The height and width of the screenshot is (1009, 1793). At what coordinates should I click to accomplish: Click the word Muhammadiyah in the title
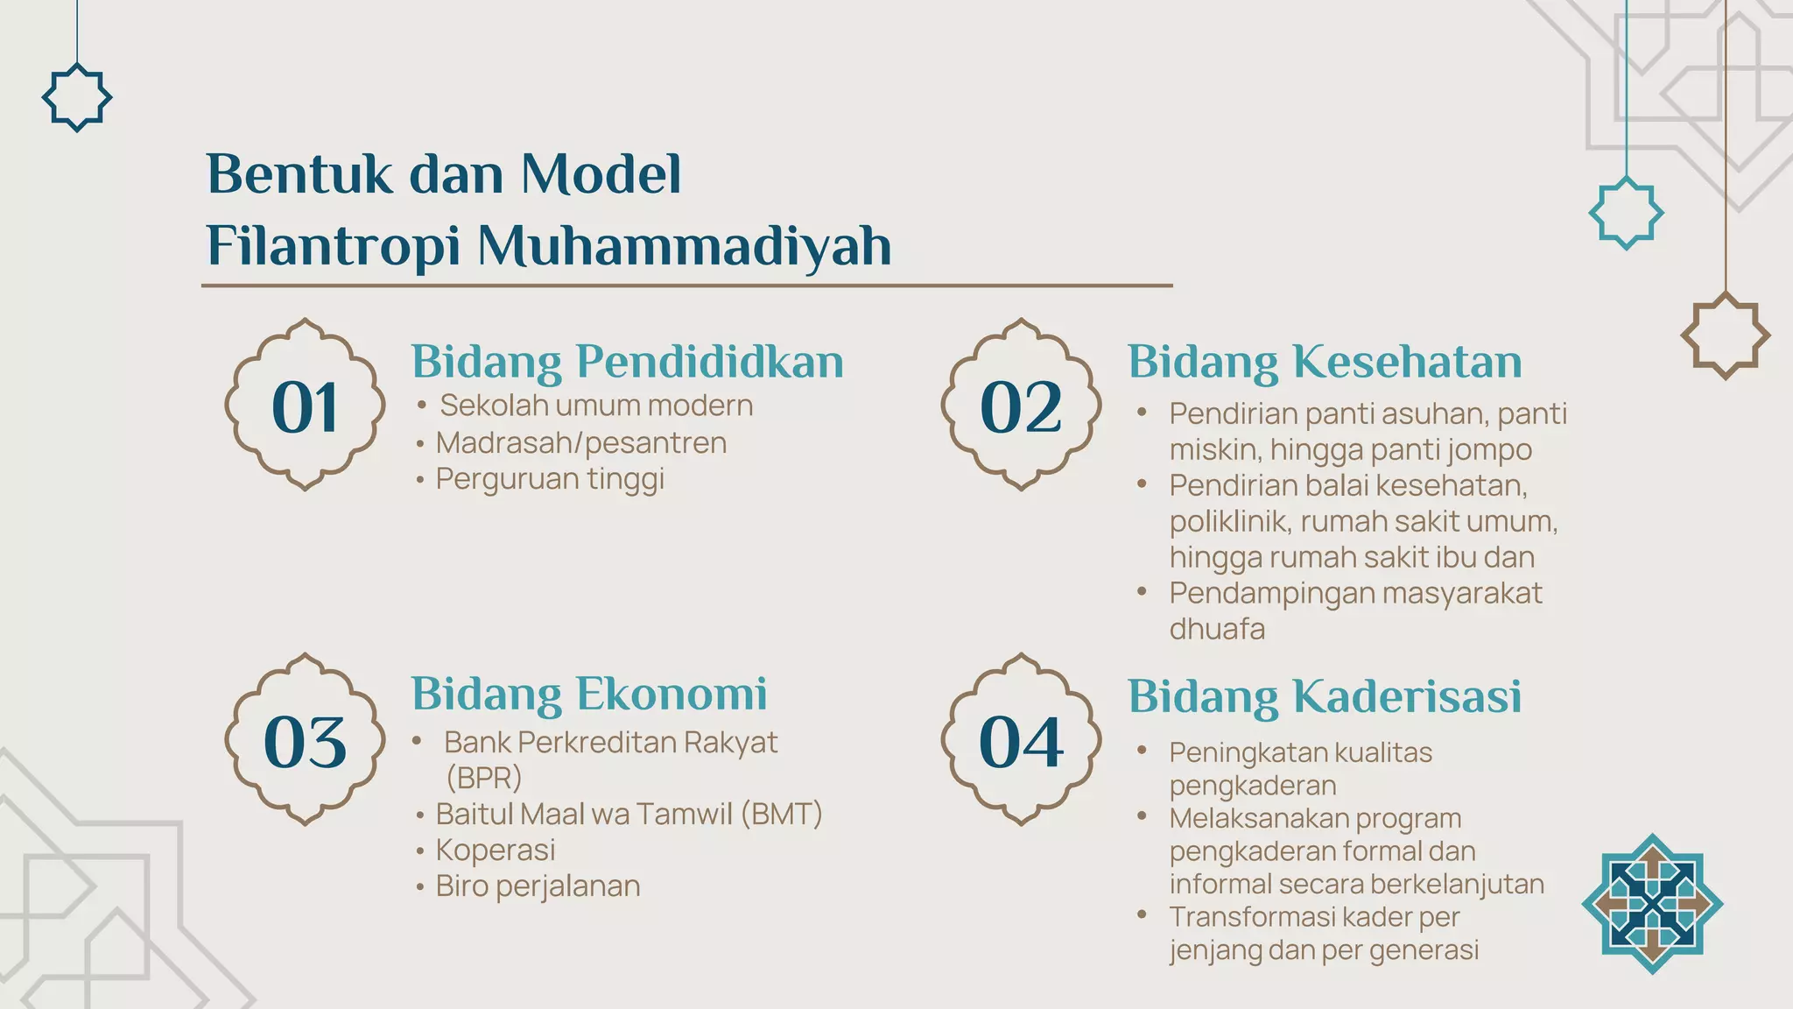coord(684,246)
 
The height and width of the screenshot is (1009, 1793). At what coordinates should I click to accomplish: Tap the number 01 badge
coord(305,406)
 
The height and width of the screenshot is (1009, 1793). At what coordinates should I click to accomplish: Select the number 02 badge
coord(1021,406)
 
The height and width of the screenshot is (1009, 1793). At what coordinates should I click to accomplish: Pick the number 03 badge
coord(305,741)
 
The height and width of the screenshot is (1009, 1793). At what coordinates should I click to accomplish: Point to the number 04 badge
coord(1021,741)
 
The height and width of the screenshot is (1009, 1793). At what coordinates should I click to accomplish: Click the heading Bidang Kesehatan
coord(1324,362)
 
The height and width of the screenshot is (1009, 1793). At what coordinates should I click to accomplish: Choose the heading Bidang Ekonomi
coord(588,695)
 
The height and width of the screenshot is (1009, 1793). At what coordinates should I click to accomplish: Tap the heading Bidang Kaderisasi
coord(1324,697)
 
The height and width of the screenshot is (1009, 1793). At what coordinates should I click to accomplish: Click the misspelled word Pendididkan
coord(709,362)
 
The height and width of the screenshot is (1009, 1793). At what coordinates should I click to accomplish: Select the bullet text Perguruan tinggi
coord(550,479)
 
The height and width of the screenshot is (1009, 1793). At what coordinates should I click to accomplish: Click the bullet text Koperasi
coord(496,850)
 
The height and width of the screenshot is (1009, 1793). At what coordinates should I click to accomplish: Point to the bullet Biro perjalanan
coord(538,886)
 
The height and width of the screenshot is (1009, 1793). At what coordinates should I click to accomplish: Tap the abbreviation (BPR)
coord(483,778)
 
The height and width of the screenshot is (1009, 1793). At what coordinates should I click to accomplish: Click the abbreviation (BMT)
coord(781,814)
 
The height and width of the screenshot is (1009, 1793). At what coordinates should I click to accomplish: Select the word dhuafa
coord(1217,629)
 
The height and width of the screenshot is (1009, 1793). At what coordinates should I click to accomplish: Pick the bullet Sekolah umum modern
coord(595,406)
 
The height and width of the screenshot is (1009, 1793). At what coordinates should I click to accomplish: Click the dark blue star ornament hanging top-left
coord(77,97)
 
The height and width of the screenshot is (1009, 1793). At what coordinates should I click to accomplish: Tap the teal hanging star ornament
coord(1626,213)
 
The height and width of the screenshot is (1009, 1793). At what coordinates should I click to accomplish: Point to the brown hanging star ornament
coord(1725,335)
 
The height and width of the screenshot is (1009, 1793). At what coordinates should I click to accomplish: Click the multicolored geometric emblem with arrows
coord(1652,904)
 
